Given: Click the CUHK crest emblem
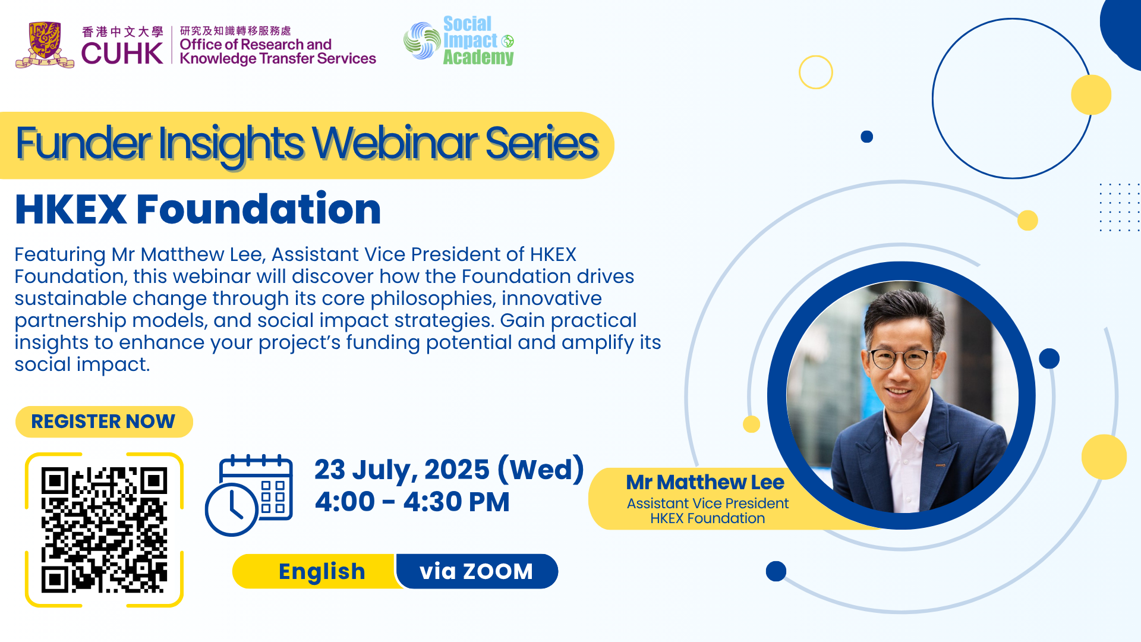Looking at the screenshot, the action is (45, 45).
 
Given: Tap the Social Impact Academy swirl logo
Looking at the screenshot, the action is (422, 41).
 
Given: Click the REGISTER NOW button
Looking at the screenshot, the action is (104, 421).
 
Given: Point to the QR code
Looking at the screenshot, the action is (104, 530).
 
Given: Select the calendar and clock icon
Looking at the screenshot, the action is (249, 495).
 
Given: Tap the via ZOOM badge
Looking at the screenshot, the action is (477, 571).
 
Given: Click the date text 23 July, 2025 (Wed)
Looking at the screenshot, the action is (449, 470).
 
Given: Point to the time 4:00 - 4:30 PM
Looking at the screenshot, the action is (412, 502).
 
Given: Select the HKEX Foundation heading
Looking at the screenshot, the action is (198, 209).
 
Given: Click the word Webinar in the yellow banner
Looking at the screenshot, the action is (395, 143).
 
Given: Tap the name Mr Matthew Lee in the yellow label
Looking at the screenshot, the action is (705, 482).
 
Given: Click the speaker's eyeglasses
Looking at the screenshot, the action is (903, 358).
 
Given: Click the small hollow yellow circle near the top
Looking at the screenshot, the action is (816, 72).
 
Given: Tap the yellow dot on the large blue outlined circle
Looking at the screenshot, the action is (1091, 95).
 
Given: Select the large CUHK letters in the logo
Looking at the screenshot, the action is (122, 53).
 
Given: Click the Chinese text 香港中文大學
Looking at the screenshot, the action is (122, 32).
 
